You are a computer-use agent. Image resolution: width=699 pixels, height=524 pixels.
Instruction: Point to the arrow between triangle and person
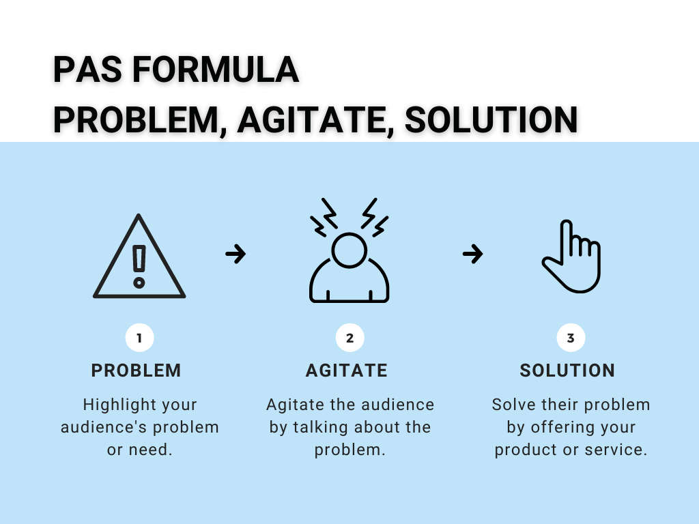tap(236, 254)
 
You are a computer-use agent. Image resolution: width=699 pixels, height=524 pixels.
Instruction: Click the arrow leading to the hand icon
tap(472, 254)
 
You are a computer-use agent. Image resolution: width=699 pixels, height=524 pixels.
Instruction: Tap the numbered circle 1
tap(140, 338)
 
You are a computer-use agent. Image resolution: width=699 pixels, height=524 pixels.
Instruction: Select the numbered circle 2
tap(350, 338)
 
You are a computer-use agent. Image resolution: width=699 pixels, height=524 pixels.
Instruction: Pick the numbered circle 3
tap(571, 338)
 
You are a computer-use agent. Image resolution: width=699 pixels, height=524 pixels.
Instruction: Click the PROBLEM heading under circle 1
tap(137, 370)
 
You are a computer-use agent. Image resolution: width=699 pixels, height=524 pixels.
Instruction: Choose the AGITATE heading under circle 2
tap(347, 370)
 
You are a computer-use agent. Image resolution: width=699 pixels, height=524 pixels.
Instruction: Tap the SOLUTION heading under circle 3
tap(567, 370)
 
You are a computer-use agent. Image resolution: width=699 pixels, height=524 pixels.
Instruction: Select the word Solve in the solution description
tap(514, 405)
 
